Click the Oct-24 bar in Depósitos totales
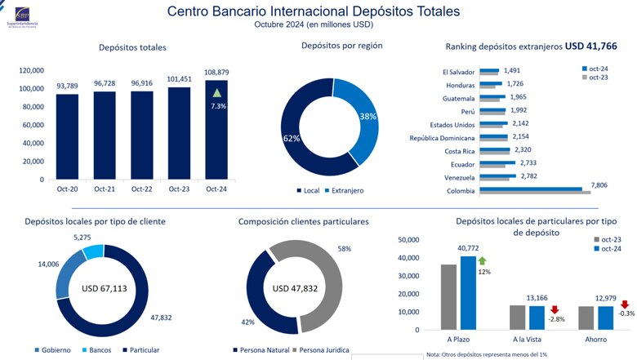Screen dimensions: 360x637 [x=216, y=131]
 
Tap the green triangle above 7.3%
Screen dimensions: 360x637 [x=216, y=93]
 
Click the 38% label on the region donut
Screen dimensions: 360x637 [x=367, y=117]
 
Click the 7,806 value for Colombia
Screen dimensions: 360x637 [x=602, y=185]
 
